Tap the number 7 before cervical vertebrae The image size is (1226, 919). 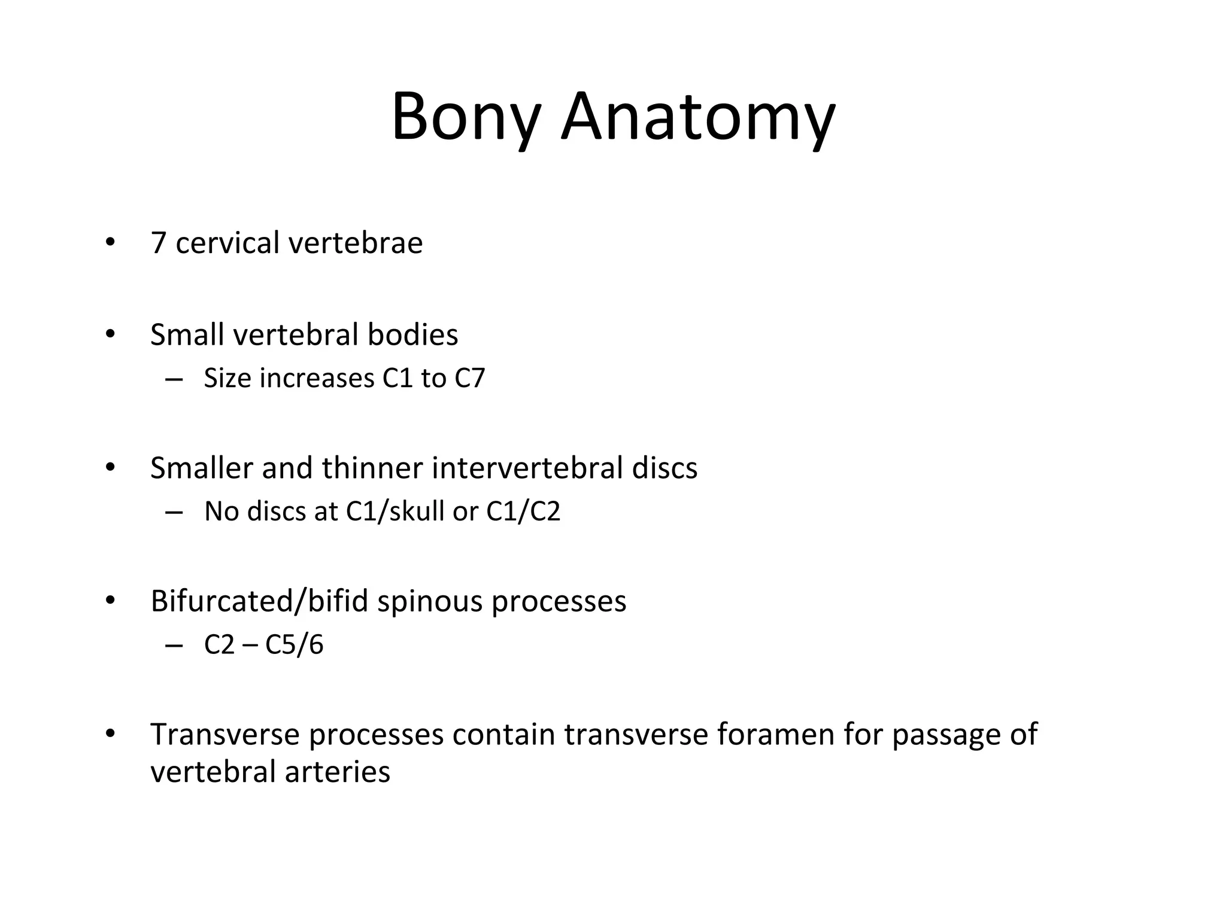point(158,243)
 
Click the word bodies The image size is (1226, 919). point(412,334)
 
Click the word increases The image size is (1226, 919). point(317,378)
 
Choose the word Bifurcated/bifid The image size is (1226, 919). point(259,601)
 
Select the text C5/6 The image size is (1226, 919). point(294,645)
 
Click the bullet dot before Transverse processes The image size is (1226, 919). point(110,734)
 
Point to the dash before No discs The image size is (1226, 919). point(174,512)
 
